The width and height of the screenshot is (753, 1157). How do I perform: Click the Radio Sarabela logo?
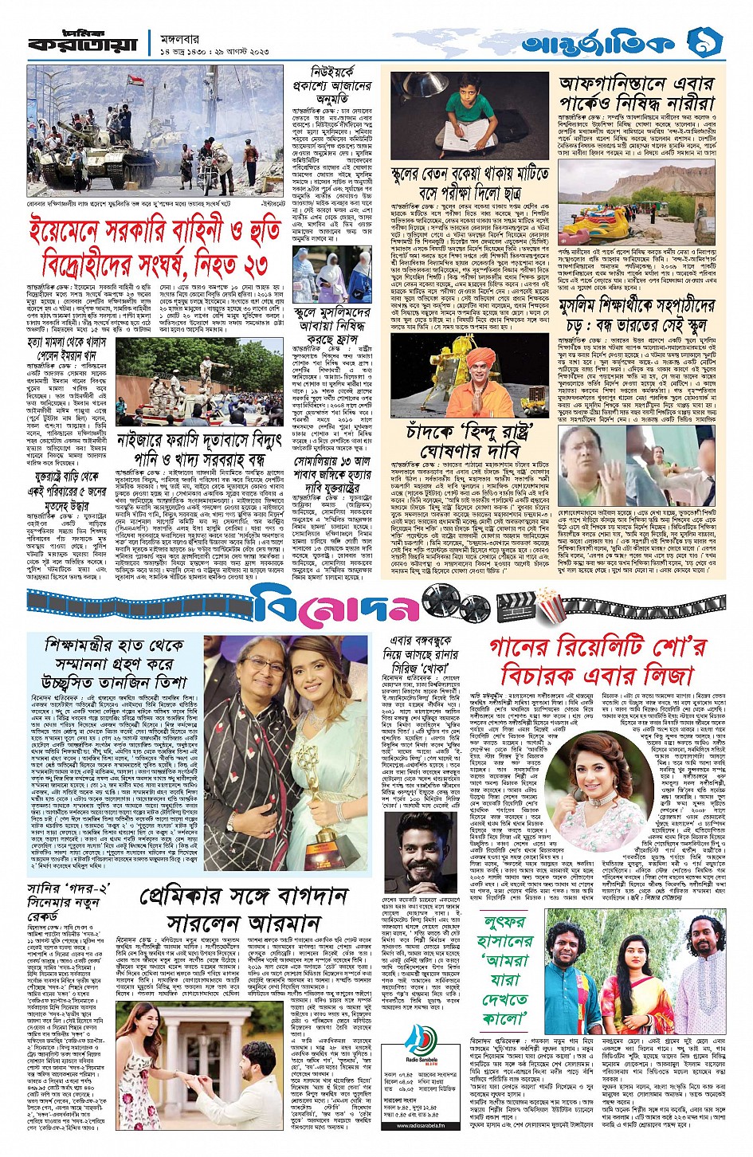tap(420, 1043)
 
